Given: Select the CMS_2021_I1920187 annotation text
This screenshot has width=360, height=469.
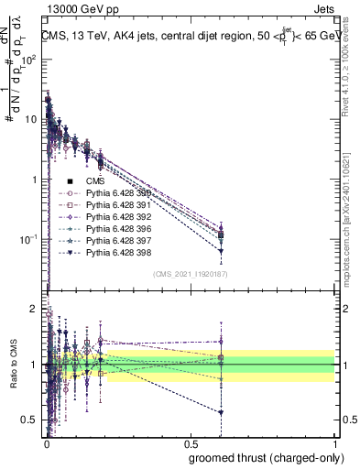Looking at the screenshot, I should [x=189, y=274].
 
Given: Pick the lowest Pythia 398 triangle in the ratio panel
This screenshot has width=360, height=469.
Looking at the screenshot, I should [x=220, y=412].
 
